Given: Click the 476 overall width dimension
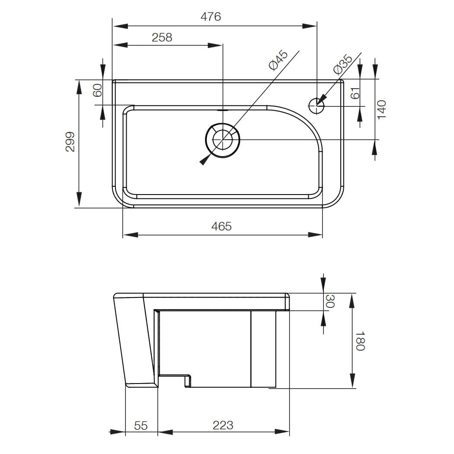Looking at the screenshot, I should click(211, 17).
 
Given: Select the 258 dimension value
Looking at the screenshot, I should click(162, 38).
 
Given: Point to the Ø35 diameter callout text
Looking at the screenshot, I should click(343, 64).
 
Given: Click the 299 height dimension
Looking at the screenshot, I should click(70, 142).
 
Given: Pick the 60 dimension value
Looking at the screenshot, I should click(98, 90).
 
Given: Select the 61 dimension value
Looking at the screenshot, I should click(355, 93).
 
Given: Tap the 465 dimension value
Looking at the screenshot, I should click(222, 226).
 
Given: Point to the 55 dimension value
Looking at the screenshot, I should click(141, 425).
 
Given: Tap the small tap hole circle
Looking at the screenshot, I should click(317, 105).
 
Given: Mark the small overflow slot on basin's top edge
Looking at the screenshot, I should click(223, 109).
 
